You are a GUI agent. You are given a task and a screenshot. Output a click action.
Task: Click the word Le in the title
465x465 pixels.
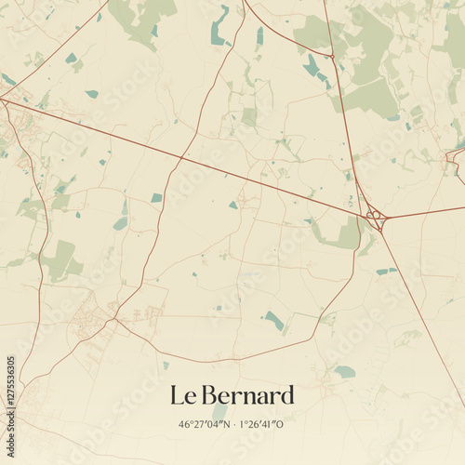[x=180, y=395]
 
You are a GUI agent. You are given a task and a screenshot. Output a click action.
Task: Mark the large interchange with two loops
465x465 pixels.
[x=376, y=219]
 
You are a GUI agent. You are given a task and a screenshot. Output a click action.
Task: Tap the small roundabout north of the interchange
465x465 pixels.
[x=330, y=57]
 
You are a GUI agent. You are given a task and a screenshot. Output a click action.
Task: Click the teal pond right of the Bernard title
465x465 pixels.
[x=345, y=372]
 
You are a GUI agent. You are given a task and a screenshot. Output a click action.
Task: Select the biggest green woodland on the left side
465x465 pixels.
[x=60, y=260]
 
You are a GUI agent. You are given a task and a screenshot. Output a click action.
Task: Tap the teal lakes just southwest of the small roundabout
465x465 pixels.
[x=312, y=67]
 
